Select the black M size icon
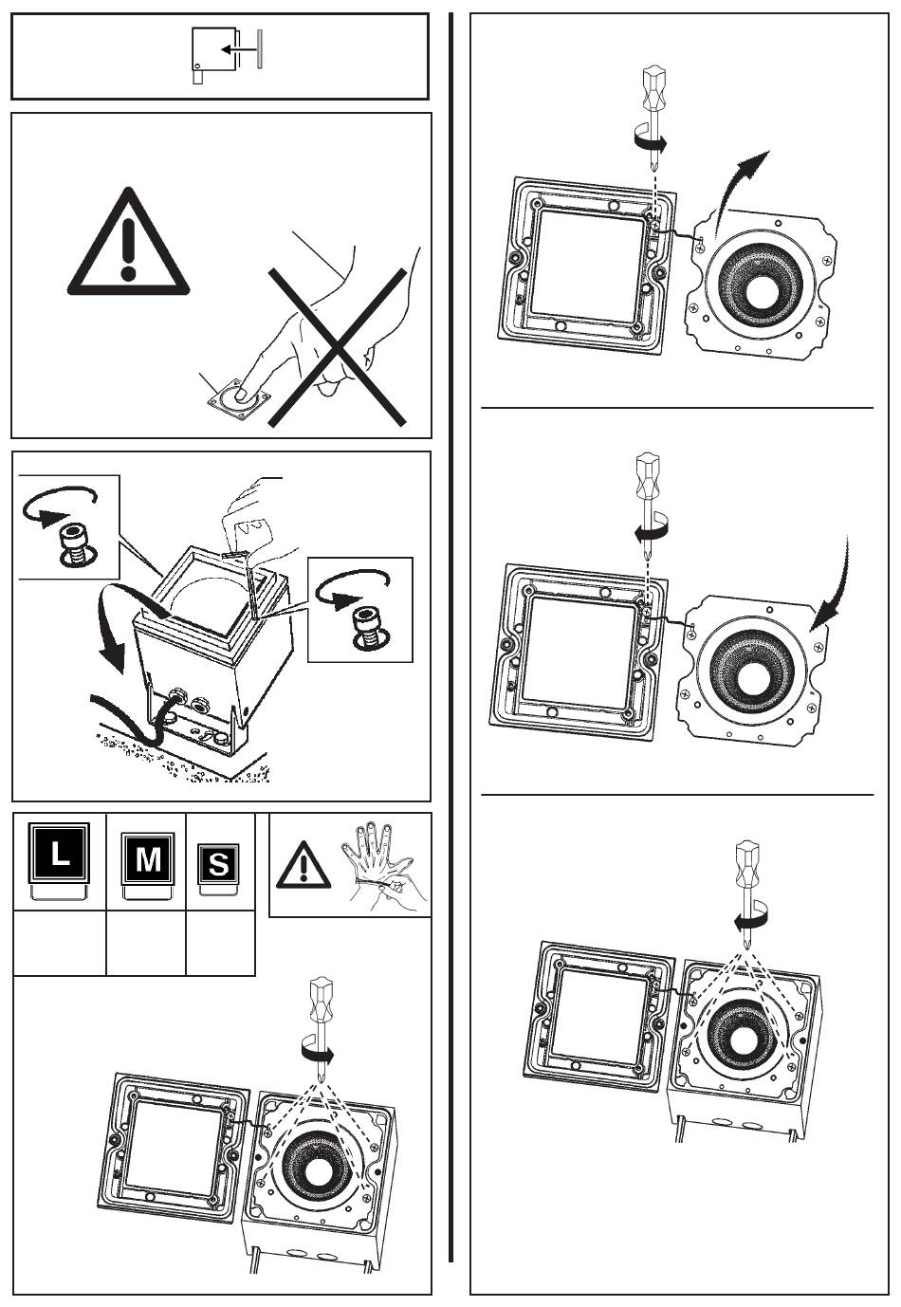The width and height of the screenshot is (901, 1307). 148,859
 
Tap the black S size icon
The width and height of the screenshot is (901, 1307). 218,864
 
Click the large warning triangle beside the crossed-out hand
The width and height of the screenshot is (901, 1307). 130,246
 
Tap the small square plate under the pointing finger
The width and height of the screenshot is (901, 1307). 239,397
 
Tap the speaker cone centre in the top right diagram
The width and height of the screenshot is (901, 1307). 765,288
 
